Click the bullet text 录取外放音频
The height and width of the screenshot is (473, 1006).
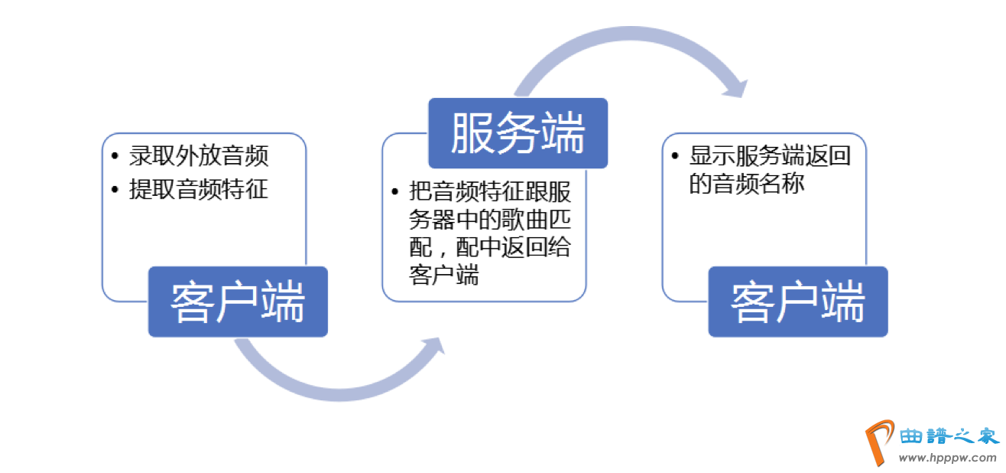(199, 156)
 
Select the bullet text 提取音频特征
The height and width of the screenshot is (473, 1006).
(199, 189)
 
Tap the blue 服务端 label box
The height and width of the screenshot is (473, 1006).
(518, 133)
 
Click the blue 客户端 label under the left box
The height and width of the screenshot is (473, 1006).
(238, 302)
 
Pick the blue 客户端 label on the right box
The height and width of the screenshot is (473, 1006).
(798, 302)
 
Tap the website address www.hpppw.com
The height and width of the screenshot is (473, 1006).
(947, 458)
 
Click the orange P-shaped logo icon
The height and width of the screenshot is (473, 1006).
(879, 442)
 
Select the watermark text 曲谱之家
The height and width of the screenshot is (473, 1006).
(949, 436)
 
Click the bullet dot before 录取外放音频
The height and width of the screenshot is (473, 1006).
(115, 157)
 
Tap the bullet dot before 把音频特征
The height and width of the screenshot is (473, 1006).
(394, 191)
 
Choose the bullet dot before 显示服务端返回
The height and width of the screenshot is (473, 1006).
(675, 157)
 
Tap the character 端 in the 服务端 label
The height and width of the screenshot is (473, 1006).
(562, 133)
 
